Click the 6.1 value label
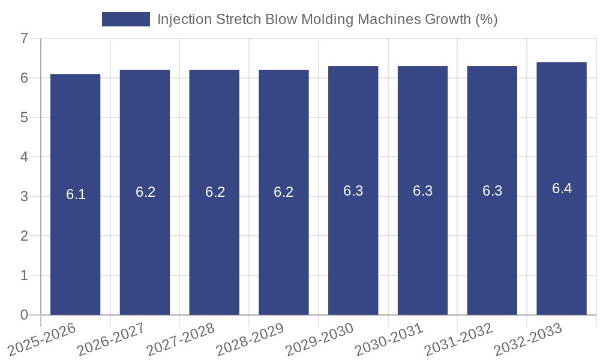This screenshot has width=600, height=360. pyautogui.click(x=76, y=194)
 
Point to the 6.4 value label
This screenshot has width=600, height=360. pyautogui.click(x=562, y=188)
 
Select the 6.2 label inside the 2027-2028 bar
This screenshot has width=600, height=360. pyautogui.click(x=215, y=192)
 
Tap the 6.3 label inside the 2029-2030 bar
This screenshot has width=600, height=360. pyautogui.click(x=353, y=191)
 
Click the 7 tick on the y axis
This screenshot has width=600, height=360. pyautogui.click(x=24, y=38)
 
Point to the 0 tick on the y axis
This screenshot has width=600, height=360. pyautogui.click(x=24, y=315)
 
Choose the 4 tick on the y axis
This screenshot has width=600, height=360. pyautogui.click(x=24, y=157)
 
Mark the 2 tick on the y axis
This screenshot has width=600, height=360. pyautogui.click(x=24, y=236)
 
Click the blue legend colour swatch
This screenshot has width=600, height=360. pyautogui.click(x=126, y=19)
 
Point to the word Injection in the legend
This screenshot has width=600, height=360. pyautogui.click(x=184, y=19)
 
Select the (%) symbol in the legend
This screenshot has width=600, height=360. pyautogui.click(x=486, y=19)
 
